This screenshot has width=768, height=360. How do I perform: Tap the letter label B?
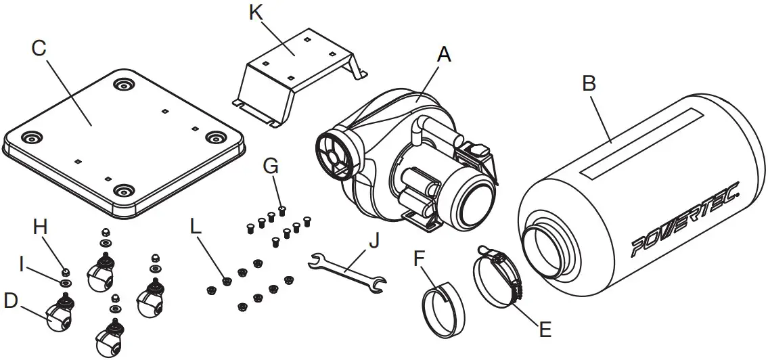click(589, 84)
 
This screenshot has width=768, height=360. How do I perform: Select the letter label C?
click(39, 48)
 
